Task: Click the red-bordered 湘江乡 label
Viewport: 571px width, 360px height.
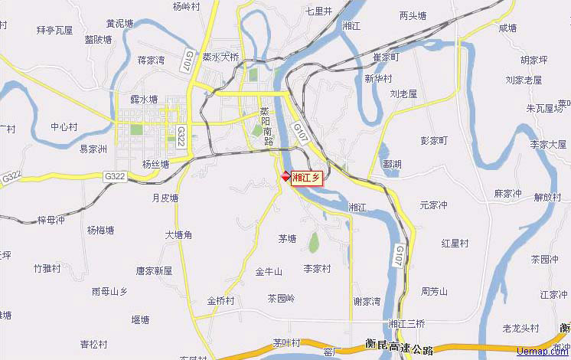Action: pos(307,177)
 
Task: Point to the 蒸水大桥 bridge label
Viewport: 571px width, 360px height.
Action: pos(220,57)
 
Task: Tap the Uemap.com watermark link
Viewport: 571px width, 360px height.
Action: pos(543,351)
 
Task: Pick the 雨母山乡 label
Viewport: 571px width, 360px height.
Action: pos(109,291)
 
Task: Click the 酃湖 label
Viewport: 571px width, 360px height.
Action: pos(392,164)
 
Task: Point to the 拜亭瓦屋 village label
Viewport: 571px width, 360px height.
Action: pos(54,31)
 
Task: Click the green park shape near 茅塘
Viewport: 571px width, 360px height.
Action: pos(313,243)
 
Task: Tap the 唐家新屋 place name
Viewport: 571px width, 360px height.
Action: pos(154,270)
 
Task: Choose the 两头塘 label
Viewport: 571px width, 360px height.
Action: pos(413,15)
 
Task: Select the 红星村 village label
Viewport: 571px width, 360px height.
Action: pos(455,243)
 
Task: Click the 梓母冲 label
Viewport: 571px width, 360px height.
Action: pos(51,220)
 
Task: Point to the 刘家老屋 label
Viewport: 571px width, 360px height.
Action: pos(524,80)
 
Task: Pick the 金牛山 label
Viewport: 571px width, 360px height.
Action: pos(269,272)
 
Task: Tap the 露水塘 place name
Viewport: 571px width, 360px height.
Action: pos(144,100)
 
